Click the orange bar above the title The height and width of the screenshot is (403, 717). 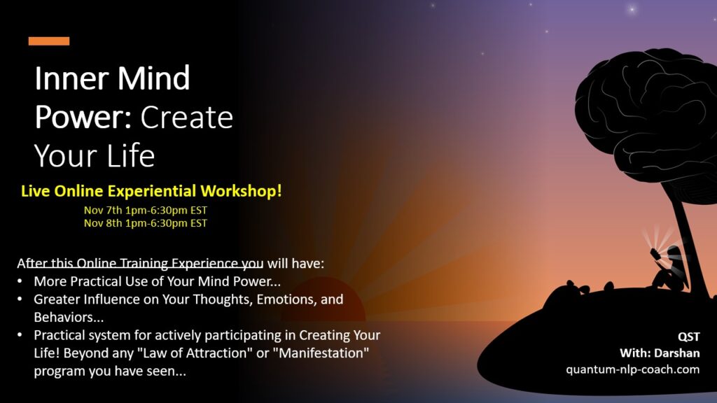[49, 41]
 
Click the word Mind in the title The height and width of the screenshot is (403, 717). [153, 78]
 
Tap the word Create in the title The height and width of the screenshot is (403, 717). [186, 118]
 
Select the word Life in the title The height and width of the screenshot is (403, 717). [131, 156]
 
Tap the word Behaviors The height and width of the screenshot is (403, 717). [69, 317]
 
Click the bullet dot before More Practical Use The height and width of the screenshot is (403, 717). [20, 281]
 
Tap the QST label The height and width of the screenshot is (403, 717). [689, 337]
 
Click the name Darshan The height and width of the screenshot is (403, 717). [677, 353]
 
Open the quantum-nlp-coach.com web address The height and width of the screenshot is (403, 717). [632, 369]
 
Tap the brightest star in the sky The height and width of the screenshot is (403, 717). [632, 8]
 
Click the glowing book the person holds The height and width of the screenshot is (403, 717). [655, 253]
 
